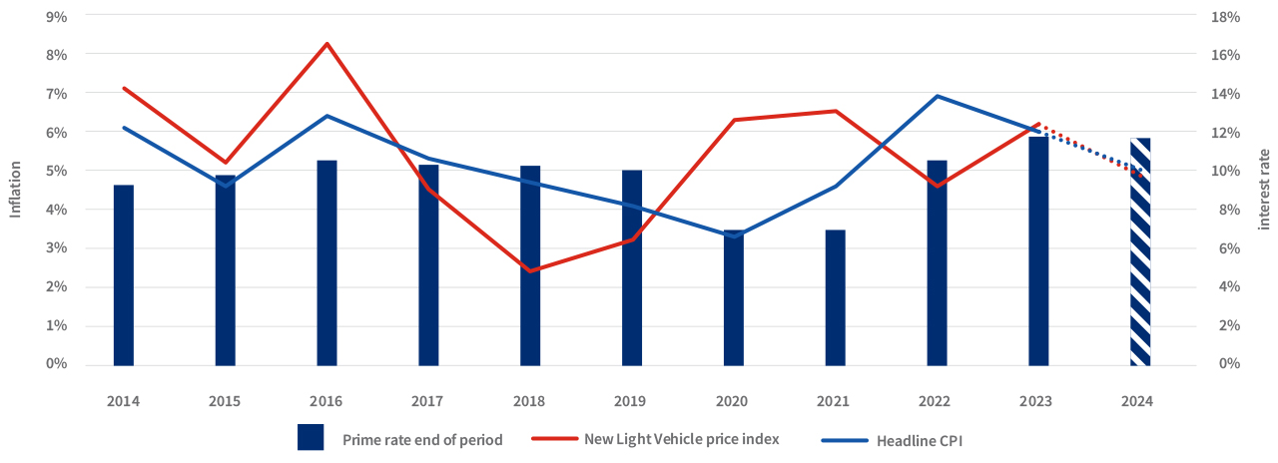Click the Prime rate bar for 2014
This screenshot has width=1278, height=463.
tap(123, 275)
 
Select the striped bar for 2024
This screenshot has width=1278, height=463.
tap(1139, 251)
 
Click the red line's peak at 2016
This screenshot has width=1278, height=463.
tap(326, 44)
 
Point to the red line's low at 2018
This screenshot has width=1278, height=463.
tap(529, 270)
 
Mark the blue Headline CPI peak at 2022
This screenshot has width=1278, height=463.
tap(937, 96)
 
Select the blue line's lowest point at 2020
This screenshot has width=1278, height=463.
tap(733, 236)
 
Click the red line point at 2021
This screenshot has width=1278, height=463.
tap(835, 111)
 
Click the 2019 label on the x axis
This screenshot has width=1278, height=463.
tap(631, 401)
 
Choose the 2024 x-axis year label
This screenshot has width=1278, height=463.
tap(1138, 401)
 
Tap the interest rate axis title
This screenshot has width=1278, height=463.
tap(1264, 190)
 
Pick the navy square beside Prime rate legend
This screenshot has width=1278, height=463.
tap(311, 437)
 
